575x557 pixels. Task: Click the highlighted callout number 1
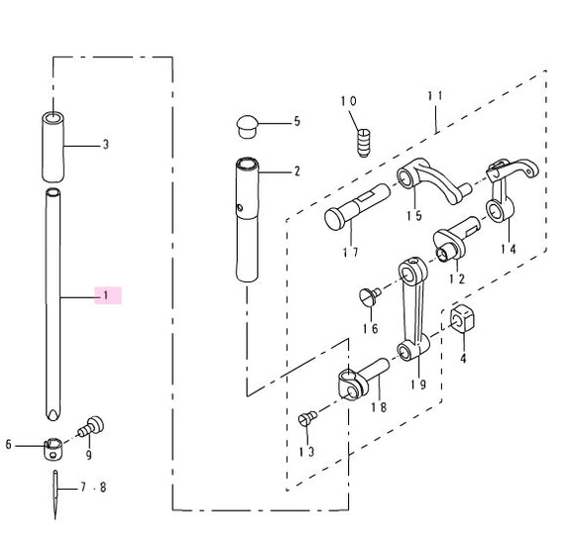(x=106, y=295)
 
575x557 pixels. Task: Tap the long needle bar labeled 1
(x=54, y=297)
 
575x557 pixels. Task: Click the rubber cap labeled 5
(x=247, y=124)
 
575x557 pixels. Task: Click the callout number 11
(x=433, y=96)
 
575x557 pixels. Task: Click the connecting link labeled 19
(x=411, y=307)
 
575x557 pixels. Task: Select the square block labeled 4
(x=464, y=319)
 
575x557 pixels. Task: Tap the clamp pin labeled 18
(x=361, y=380)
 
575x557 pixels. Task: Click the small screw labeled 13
(x=306, y=419)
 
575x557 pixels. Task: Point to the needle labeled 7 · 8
(x=56, y=493)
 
